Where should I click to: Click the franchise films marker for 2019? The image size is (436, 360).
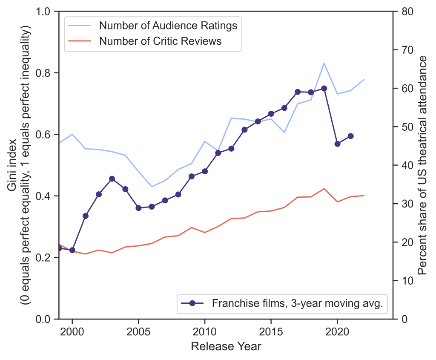coord(324,88)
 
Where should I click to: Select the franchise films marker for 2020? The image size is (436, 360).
coord(337,144)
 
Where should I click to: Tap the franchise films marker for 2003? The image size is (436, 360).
coord(112,179)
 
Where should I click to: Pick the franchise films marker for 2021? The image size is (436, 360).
coord(350,136)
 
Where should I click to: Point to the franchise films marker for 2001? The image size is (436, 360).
coord(86,216)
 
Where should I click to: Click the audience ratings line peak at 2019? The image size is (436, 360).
coord(324,63)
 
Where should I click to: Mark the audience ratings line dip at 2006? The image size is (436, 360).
coord(152,187)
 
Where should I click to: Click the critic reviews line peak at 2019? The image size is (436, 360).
coord(324,189)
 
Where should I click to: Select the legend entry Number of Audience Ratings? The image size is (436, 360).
coord(168,26)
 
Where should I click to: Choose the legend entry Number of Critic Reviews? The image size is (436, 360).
coord(160,41)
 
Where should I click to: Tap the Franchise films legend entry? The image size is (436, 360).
coord(298,303)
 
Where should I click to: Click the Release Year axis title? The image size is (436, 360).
coord(226,346)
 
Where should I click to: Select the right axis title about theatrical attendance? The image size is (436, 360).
coord(422,165)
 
